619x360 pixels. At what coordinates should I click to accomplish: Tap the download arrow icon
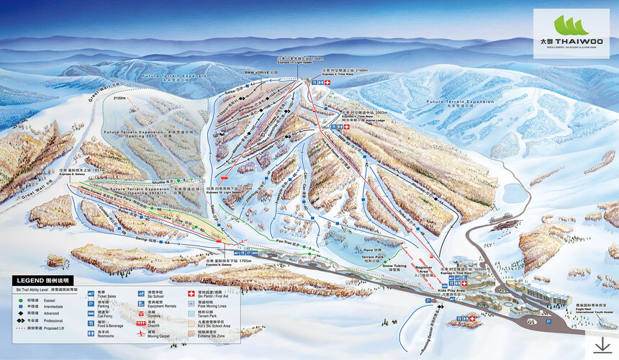click(x=600, y=345)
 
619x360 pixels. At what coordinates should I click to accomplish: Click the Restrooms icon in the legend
click(x=91, y=334)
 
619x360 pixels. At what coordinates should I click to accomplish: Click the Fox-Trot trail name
click(x=286, y=241)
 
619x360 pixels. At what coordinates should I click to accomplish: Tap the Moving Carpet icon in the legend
click(x=140, y=335)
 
